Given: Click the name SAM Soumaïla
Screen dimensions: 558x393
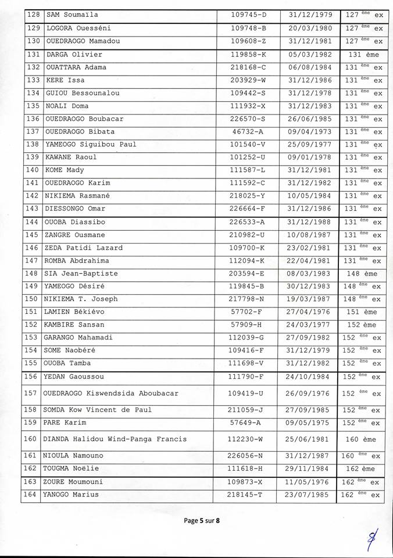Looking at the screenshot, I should tap(73, 15).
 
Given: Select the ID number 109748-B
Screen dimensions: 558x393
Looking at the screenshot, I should tap(248, 28).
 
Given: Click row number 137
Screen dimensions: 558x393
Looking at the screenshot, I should tap(33, 131).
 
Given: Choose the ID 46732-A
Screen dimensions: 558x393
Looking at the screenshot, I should tap(248, 131).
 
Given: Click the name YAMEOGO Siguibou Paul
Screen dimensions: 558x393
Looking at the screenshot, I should tap(91, 144).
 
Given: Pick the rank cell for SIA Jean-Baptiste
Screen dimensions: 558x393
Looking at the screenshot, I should tap(363, 273).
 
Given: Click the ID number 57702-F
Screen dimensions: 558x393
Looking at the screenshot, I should tap(248, 312).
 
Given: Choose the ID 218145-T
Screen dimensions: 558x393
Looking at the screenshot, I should tap(248, 495).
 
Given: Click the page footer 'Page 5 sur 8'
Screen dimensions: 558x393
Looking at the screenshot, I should tap(202, 521).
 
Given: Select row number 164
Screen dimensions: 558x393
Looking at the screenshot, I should tap(33, 495).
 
